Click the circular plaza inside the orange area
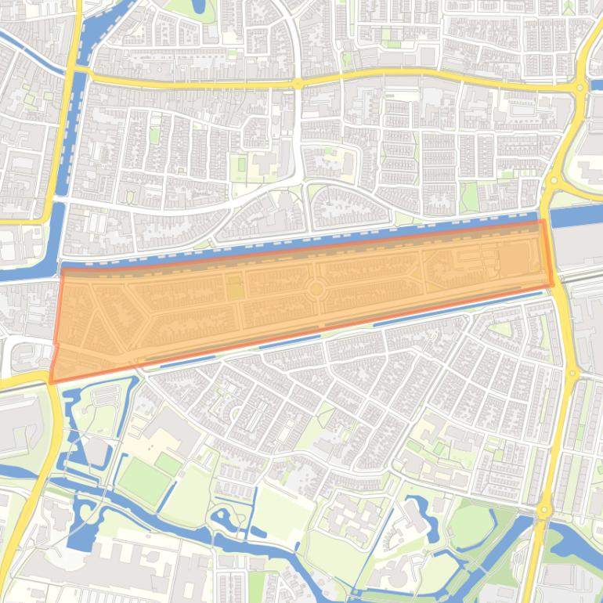(x=316, y=289)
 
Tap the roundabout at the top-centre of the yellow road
(x=298, y=83)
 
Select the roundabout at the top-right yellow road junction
(x=580, y=88)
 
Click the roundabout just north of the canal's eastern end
(x=554, y=181)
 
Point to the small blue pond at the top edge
(x=197, y=7)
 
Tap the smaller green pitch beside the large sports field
(x=168, y=464)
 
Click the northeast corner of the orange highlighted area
(x=543, y=222)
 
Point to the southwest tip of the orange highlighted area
(x=52, y=381)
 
